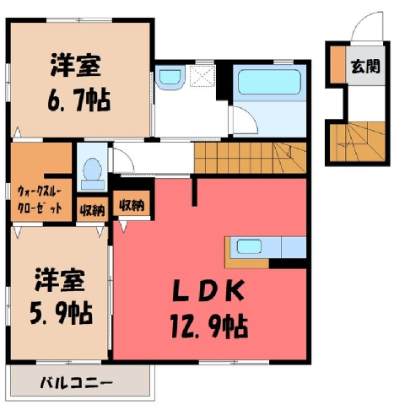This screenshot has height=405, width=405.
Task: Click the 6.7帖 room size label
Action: pos(78,100)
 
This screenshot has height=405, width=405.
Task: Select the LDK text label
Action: pos(208,290)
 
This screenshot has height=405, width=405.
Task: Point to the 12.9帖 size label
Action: pos(209,327)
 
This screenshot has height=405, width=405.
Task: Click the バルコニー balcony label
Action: pos(76,383)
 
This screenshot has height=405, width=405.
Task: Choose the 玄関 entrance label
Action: pos(365,67)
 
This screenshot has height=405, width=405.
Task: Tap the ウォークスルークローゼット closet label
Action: pos(40,200)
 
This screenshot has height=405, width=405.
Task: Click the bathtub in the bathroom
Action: pos(269,82)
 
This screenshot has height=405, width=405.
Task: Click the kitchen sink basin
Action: pos(249,246)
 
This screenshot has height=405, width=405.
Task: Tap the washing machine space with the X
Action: pos(202,75)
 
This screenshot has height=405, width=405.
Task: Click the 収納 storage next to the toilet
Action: pos(93,210)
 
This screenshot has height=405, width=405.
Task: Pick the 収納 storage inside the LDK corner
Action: pos(132,205)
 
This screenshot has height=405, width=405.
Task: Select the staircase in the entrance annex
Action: pos(357,142)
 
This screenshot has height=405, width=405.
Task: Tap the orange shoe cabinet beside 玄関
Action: pos(337,65)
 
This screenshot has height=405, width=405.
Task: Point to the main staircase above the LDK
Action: pos(250,158)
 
